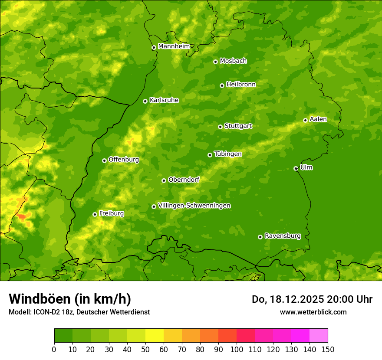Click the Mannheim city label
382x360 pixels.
[174, 46]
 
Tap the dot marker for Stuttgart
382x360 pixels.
[220, 127]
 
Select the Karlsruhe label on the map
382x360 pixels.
[164, 100]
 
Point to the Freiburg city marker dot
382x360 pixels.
[95, 214]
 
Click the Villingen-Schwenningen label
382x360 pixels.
[194, 206]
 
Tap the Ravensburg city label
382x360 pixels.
[282, 236]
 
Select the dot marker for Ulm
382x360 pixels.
[296, 168]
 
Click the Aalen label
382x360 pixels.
[318, 119]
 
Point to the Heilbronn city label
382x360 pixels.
[241, 85]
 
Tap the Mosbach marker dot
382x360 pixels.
[215, 62]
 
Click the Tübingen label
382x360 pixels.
[227, 154]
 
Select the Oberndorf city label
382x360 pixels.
[184, 180]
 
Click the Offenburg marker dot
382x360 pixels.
[104, 160]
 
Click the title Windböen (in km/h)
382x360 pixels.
[69, 299]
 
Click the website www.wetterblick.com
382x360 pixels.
[313, 312]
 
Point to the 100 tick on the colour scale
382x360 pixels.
[237, 349]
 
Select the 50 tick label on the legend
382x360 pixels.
[145, 349]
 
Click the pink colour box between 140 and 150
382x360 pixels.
[318, 336]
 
